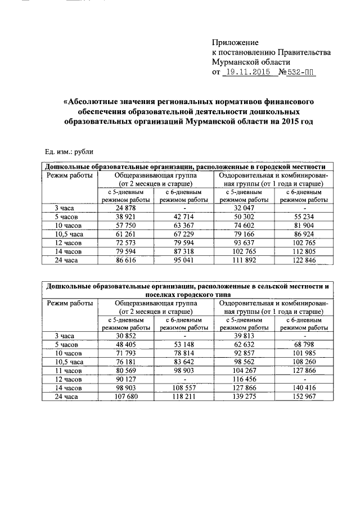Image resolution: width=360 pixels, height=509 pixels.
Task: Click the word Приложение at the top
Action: pos(235,43)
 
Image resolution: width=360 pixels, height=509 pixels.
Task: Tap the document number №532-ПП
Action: pos(294,73)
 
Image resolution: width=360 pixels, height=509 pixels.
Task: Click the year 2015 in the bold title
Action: pos(287,121)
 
